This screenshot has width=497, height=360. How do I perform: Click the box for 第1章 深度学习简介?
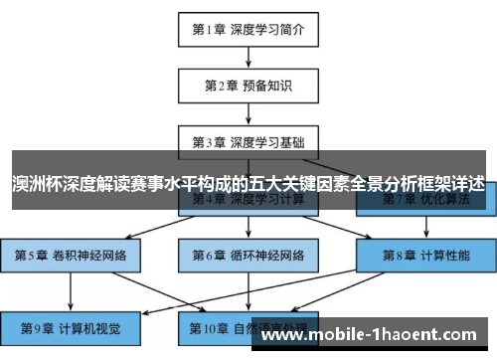[248, 30]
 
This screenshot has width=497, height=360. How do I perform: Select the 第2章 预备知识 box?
[248, 86]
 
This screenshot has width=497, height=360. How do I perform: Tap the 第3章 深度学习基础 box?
[248, 142]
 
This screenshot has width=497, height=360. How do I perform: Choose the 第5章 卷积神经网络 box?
[71, 256]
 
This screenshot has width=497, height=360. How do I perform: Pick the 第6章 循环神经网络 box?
[248, 256]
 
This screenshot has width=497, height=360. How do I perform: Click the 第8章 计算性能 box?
[424, 256]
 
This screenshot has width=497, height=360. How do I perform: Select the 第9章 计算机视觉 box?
[71, 326]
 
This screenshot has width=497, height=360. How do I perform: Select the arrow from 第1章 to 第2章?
[248, 58]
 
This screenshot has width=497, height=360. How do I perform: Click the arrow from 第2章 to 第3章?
[248, 113]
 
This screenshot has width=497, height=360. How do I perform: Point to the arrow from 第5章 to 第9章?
[71, 290]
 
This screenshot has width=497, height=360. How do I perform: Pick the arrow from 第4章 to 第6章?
[248, 228]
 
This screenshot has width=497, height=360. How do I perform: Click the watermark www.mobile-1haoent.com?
[373, 334]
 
